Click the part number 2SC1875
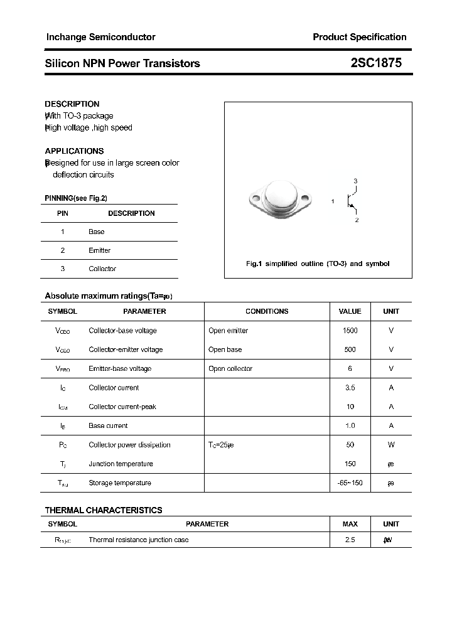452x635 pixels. pyautogui.click(x=376, y=63)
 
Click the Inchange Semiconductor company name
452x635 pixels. pyautogui.click(x=100, y=37)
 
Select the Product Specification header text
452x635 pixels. pyautogui.click(x=359, y=37)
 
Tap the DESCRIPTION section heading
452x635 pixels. pyautogui.click(x=72, y=104)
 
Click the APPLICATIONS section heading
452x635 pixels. pyautogui.click(x=74, y=151)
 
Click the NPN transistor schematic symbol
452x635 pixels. pyautogui.click(x=352, y=201)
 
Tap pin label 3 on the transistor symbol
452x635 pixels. pyautogui.click(x=355, y=181)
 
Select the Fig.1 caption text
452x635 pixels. pyautogui.click(x=317, y=264)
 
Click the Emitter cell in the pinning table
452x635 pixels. pyautogui.click(x=99, y=250)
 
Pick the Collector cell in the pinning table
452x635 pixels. pyautogui.click(x=102, y=269)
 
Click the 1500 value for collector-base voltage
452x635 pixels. pyautogui.click(x=350, y=331)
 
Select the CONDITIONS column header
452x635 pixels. pyautogui.click(x=267, y=311)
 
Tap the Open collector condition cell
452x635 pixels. pyautogui.click(x=230, y=369)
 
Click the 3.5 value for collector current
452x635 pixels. pyautogui.click(x=350, y=388)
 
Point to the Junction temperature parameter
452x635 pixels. pyautogui.click(x=121, y=464)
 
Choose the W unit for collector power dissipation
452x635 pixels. pyautogui.click(x=390, y=445)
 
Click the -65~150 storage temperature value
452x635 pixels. pyautogui.click(x=350, y=483)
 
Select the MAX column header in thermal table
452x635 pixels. pyautogui.click(x=350, y=524)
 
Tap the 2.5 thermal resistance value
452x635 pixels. pyautogui.click(x=350, y=540)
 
